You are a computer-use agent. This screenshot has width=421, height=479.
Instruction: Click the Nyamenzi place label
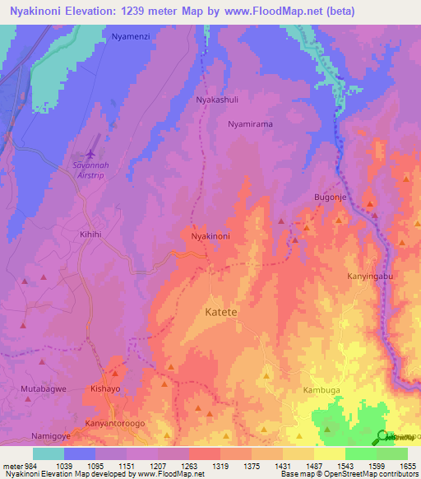point(131,37)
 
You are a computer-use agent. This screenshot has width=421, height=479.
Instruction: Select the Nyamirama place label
point(250,123)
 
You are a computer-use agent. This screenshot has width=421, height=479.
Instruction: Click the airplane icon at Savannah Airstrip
point(89,154)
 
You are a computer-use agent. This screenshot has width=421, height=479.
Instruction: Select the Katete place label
point(220,313)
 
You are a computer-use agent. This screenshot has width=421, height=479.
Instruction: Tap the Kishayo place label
point(105,388)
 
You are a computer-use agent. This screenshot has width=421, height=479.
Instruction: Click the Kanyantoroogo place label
point(114,424)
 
